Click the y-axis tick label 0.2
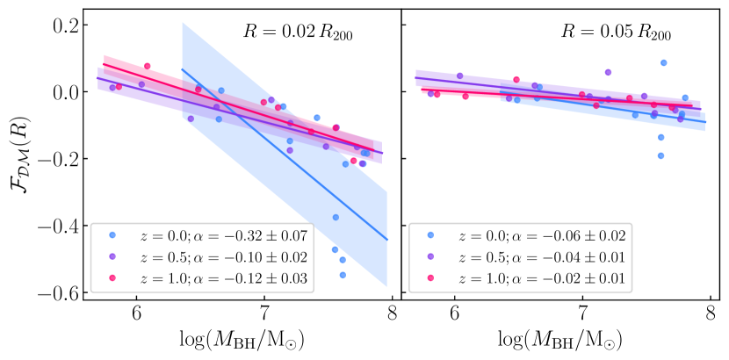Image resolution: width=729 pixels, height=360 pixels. (61, 25)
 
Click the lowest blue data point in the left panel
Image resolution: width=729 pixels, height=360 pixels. (343, 275)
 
